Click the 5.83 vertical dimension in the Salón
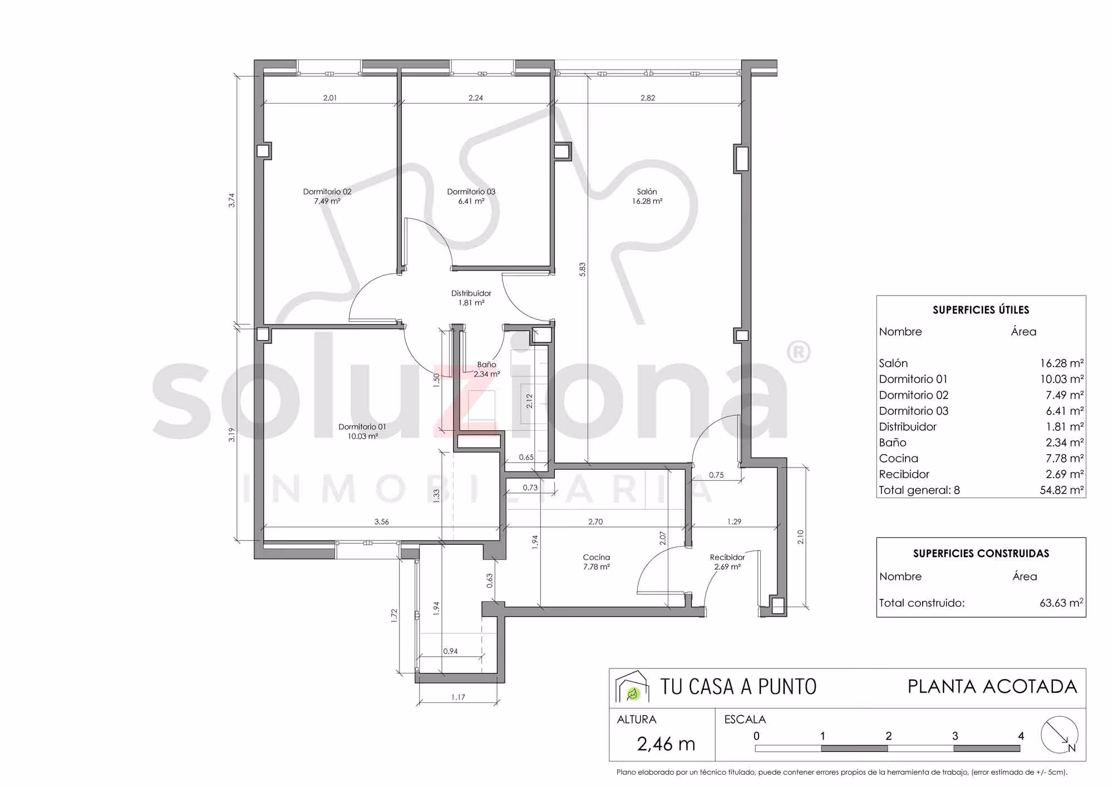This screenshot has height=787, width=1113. click(582, 269)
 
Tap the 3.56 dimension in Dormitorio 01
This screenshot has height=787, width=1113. click(382, 522)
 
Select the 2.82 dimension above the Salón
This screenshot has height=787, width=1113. click(648, 97)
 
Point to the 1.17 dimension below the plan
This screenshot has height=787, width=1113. click(458, 697)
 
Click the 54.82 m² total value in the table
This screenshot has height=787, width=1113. click(1062, 490)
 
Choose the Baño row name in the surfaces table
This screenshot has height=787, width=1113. click(893, 442)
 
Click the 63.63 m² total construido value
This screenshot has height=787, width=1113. click(1062, 603)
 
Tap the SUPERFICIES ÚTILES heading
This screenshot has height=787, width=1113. click(981, 310)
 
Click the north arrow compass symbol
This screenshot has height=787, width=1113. click(1060, 735)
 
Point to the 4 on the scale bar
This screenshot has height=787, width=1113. click(1021, 736)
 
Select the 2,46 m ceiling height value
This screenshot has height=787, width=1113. click(666, 744)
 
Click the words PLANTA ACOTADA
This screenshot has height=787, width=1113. click(993, 687)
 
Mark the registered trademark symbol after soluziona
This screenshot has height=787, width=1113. click(799, 352)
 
